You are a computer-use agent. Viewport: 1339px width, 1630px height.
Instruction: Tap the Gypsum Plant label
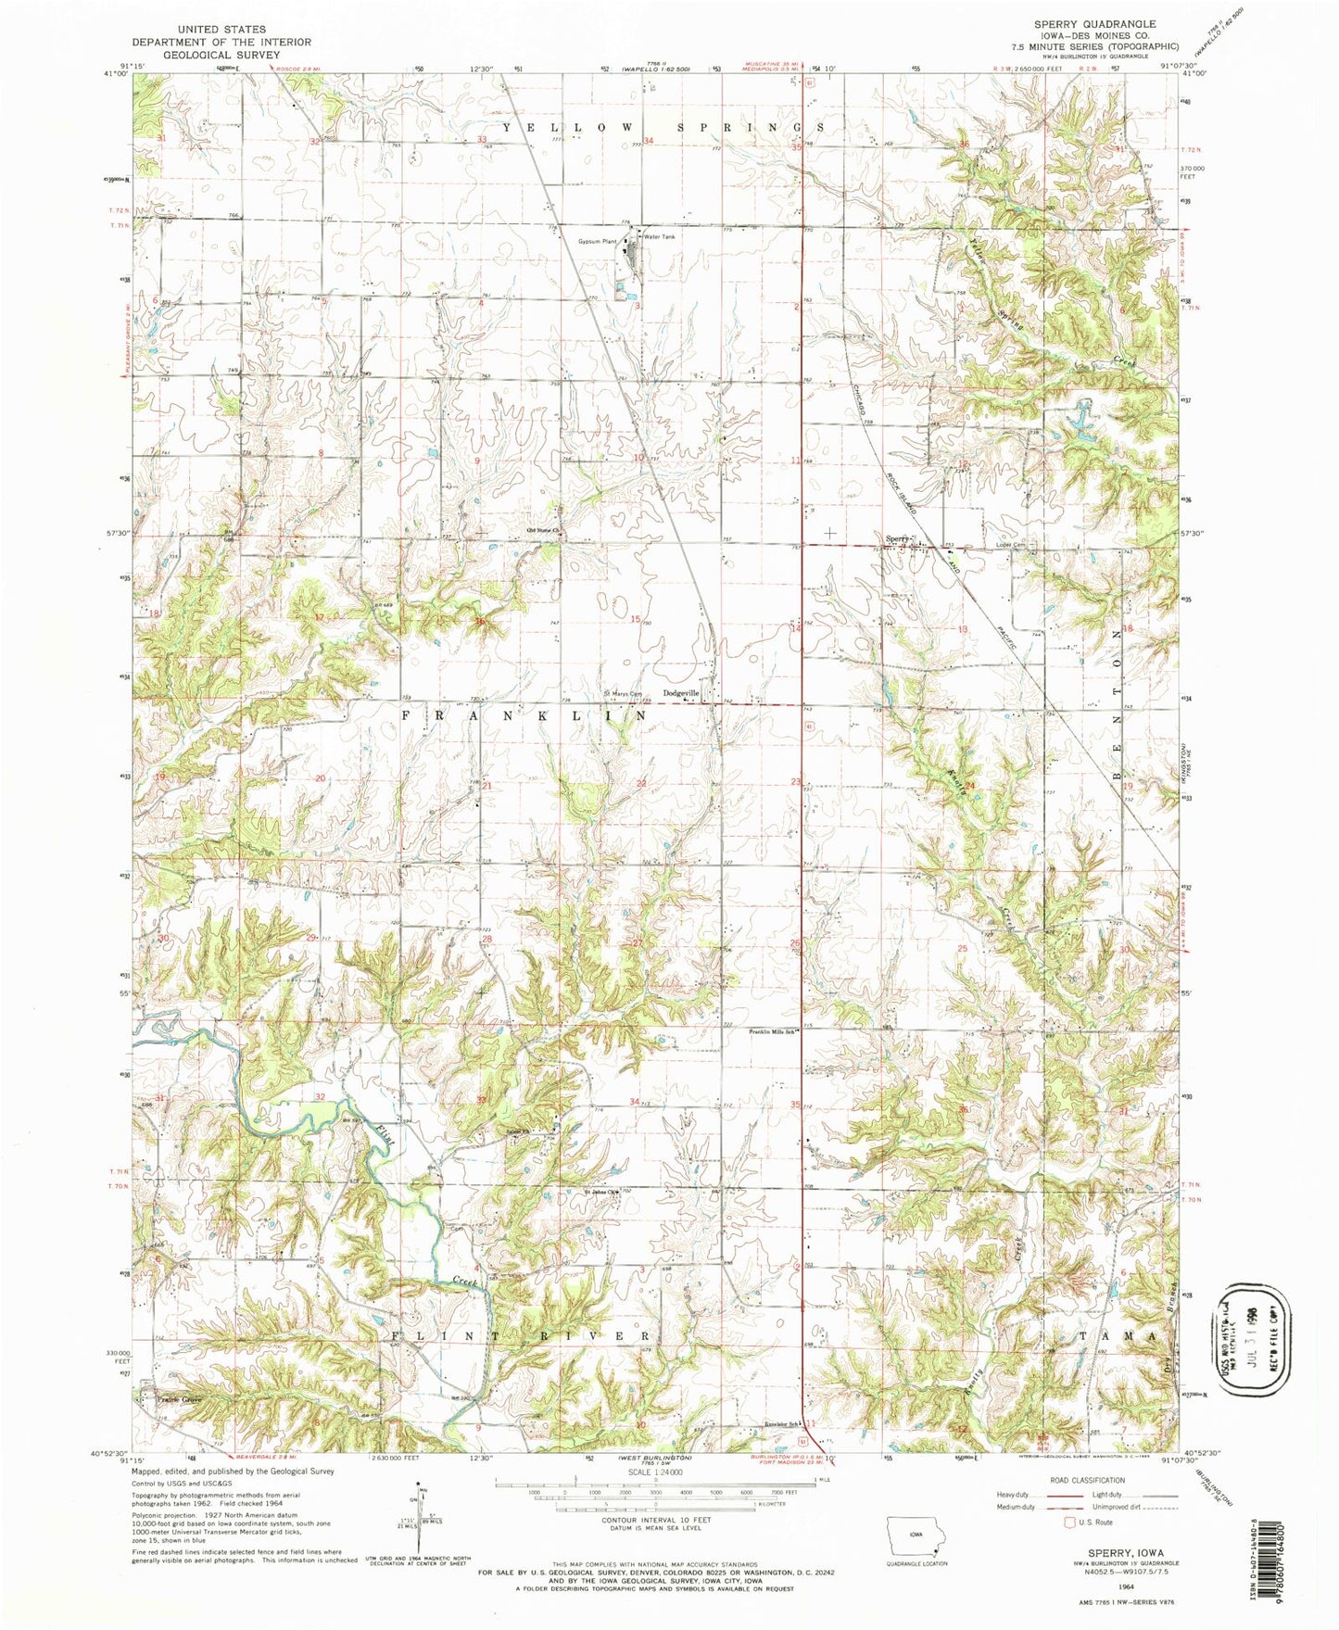pos(598,242)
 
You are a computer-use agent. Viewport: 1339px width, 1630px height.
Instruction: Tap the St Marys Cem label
pos(623,693)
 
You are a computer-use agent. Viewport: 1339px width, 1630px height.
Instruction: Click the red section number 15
pos(636,619)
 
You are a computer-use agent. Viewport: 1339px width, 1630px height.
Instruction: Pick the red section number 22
pos(641,784)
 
